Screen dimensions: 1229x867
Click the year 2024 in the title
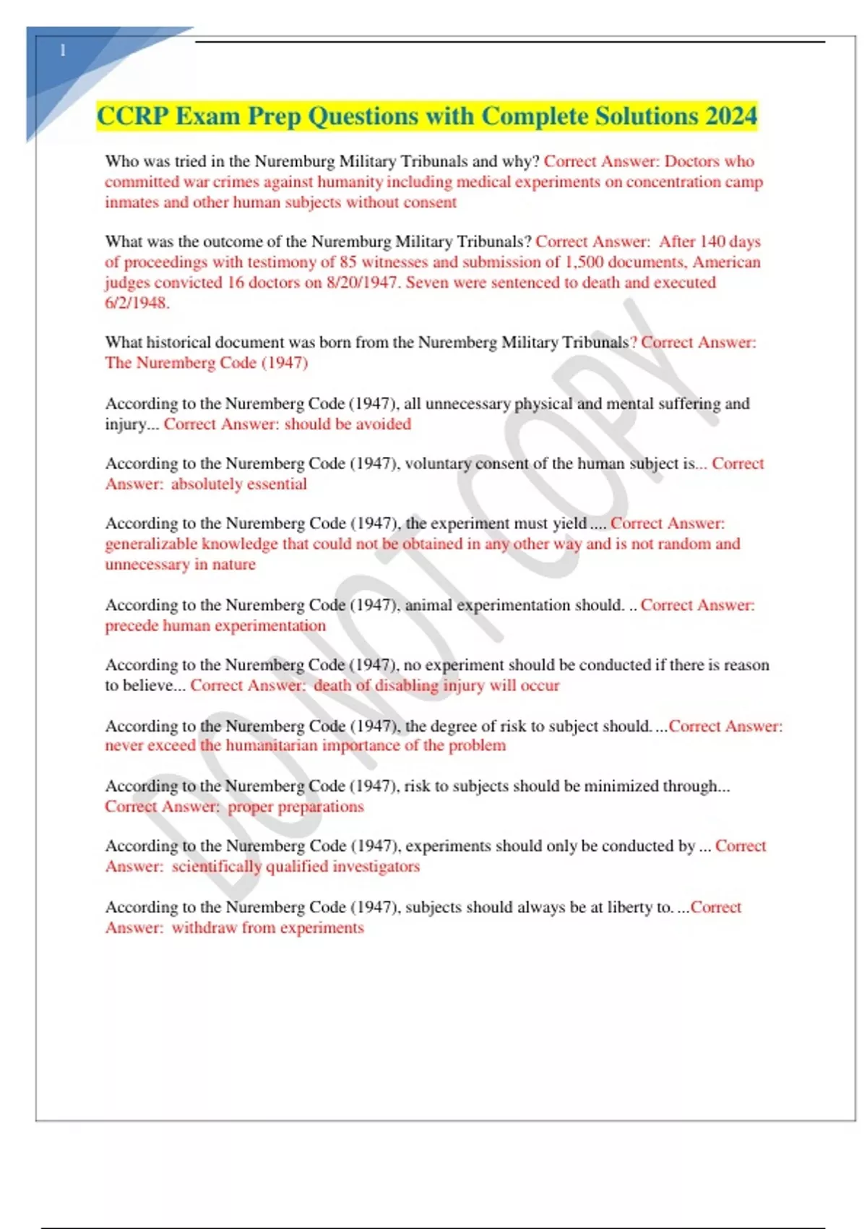coord(731,116)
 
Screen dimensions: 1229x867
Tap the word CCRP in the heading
coord(133,116)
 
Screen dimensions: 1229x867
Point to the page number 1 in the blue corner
coord(63,51)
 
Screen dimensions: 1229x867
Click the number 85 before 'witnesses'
coord(348,262)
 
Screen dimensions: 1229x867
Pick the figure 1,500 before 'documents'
coord(584,262)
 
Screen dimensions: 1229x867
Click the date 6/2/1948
coord(137,303)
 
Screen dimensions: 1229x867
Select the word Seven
coord(428,283)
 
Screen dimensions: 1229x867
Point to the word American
coord(726,262)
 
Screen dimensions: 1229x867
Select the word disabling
coord(406,685)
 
